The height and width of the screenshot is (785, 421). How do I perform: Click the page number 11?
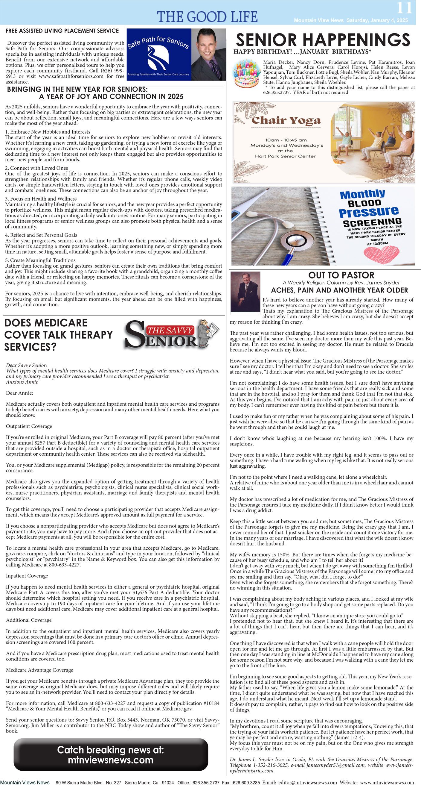tap(404, 8)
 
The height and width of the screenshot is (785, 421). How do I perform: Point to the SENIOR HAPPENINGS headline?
tap(323, 40)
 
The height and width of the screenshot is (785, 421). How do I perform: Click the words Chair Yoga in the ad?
tap(286, 120)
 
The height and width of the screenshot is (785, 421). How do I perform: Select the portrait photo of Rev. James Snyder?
tap(245, 292)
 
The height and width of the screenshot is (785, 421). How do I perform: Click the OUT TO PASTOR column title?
tap(341, 275)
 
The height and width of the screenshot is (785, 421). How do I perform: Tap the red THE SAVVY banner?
tap(170, 330)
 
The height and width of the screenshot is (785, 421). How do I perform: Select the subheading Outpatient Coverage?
tap(29, 426)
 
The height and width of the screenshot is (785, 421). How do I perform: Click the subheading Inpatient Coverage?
tap(27, 576)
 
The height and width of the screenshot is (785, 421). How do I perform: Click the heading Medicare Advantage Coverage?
tap(39, 670)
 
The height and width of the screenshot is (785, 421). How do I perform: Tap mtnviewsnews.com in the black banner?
tap(111, 760)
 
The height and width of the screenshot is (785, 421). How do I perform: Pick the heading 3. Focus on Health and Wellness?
tap(41, 199)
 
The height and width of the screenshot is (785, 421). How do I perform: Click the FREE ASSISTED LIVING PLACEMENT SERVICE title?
tap(62, 31)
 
